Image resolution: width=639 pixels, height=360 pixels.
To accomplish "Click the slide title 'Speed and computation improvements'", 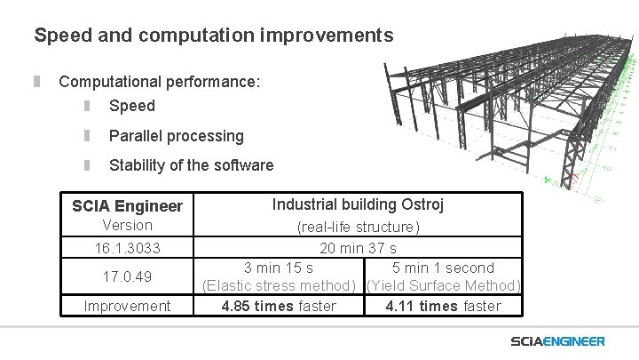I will click(213, 36).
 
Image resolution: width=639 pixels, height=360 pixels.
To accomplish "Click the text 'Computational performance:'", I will click(160, 82).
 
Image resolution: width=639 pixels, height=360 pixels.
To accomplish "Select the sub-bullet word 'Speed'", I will click(131, 106).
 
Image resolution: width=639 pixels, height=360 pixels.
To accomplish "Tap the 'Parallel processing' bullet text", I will click(176, 136).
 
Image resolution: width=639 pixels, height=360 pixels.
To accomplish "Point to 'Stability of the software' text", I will click(191, 165).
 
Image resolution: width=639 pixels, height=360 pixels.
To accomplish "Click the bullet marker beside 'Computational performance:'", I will click(37, 82).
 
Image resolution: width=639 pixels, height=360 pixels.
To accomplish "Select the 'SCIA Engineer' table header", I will click(127, 206).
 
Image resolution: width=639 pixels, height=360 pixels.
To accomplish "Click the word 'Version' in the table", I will click(127, 226).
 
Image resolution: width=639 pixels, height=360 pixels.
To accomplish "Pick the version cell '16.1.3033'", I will click(127, 247).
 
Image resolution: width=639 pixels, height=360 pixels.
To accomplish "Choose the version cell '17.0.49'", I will click(127, 276).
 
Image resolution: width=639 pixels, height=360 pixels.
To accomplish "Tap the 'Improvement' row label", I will click(127, 306).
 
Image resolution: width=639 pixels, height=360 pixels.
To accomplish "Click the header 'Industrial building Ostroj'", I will click(358, 204).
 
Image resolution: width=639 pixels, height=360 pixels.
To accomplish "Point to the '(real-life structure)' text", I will click(358, 228).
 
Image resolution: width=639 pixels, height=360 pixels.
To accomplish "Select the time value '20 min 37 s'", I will click(358, 248).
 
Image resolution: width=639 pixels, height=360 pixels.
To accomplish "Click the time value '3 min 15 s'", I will click(278, 268).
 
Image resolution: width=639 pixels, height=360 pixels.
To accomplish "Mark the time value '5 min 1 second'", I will click(443, 268).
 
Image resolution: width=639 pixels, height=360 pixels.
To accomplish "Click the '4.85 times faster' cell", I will click(278, 306).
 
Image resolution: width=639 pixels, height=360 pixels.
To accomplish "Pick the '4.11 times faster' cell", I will click(443, 306).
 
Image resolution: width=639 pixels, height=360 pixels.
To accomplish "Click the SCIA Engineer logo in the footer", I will click(557, 341).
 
